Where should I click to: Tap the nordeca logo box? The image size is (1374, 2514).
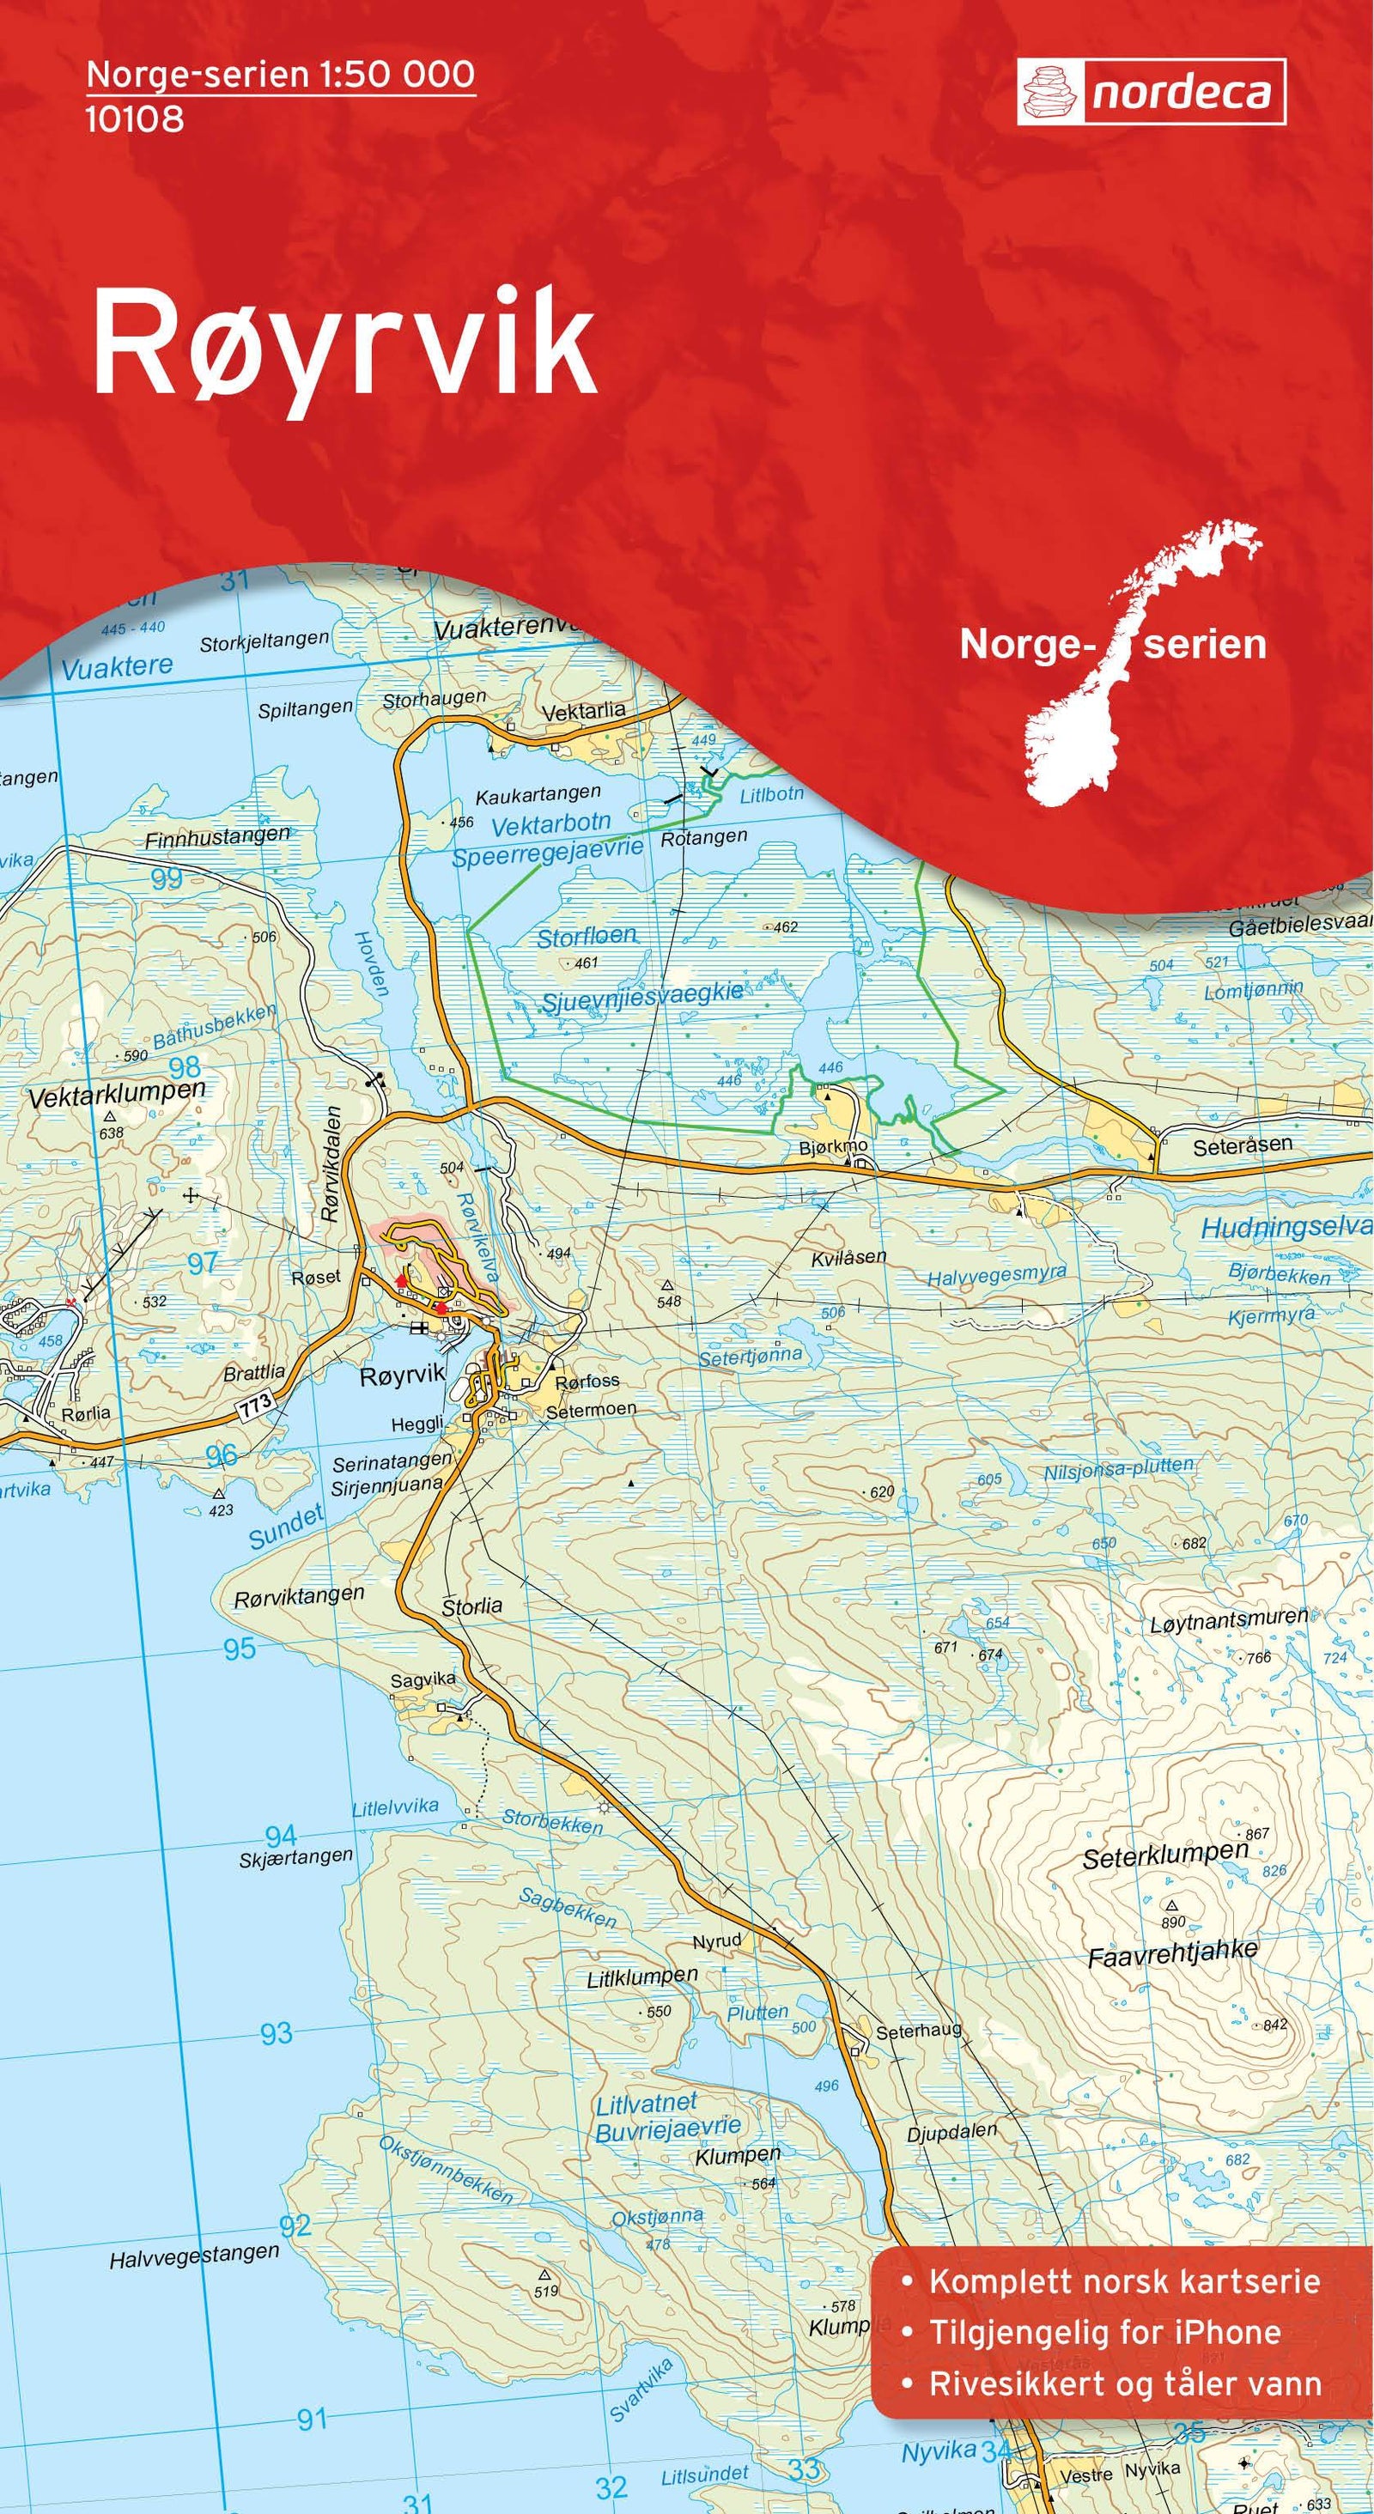pyautogui.click(x=1151, y=93)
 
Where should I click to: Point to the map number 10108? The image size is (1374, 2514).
pyautogui.click(x=135, y=119)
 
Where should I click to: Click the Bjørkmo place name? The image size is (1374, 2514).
pyautogui.click(x=832, y=1145)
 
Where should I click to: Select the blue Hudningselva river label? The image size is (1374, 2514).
pyautogui.click(x=1286, y=1228)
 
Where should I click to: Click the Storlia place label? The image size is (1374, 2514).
pyautogui.click(x=472, y=1606)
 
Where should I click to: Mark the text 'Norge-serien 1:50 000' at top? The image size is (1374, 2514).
pyautogui.click(x=280, y=74)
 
